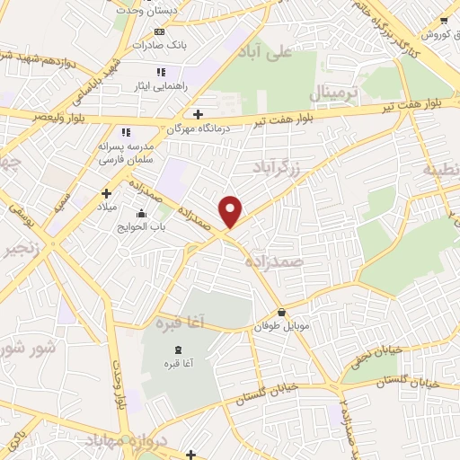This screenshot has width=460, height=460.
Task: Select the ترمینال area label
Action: (x=334, y=93)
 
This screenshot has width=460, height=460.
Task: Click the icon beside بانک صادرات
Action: (x=160, y=31)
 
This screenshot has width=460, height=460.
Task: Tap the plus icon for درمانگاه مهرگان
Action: (x=198, y=114)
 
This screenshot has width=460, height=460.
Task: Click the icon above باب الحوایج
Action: (x=141, y=213)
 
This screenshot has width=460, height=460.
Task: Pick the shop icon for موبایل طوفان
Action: (x=283, y=313)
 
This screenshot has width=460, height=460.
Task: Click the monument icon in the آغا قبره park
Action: (x=176, y=349)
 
